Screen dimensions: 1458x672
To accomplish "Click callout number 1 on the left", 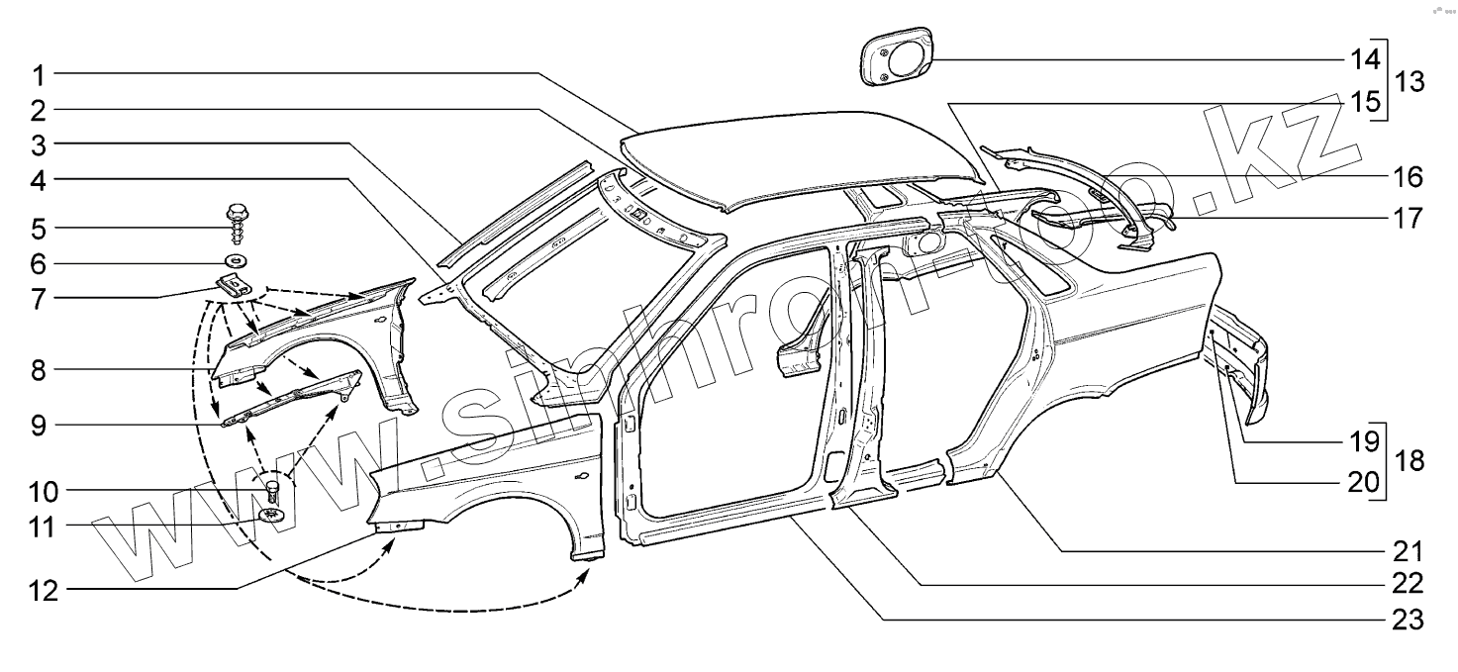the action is (36, 73).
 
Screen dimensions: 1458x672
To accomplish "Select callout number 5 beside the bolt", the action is (36, 229).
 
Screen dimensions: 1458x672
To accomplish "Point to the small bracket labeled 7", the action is (230, 288).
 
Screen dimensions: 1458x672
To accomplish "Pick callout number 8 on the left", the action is (36, 371).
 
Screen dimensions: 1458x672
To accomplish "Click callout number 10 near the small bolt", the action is (47, 492).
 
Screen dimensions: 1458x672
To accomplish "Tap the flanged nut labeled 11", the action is (269, 515).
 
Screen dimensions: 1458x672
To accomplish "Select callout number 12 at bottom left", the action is (47, 591).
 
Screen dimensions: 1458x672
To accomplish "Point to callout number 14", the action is (1366, 59).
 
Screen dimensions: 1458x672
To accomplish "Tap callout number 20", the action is (1366, 483).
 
